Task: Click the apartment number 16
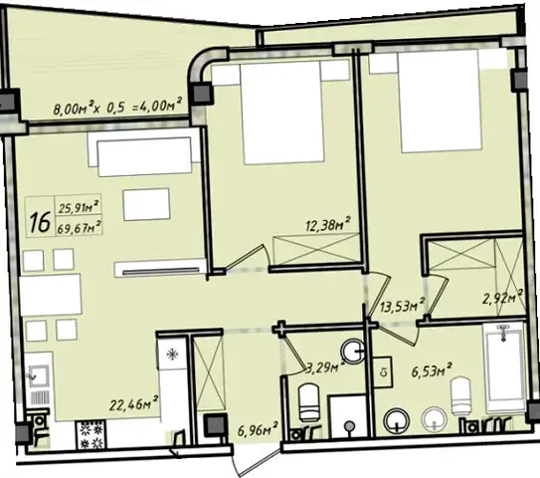[41, 223]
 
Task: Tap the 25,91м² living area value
[80, 207]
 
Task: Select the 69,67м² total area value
[80, 228]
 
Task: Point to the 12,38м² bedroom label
[328, 224]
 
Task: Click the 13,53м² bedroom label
[402, 306]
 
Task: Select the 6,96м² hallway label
[258, 429]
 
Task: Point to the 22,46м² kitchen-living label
[134, 403]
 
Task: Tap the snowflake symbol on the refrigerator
[171, 355]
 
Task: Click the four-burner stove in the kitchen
[91, 435]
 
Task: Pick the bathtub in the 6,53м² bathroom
[504, 367]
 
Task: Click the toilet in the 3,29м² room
[309, 402]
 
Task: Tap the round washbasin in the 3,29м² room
[352, 352]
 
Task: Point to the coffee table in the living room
[146, 204]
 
